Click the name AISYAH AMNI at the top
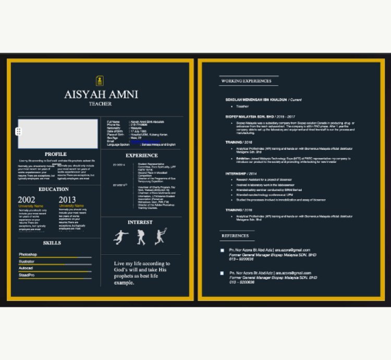click(x=101, y=94)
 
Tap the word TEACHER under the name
click(x=100, y=104)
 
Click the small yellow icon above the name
click(x=100, y=80)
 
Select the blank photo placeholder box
click(x=58, y=134)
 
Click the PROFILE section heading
click(x=55, y=154)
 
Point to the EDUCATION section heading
click(x=54, y=189)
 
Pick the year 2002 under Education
click(x=27, y=200)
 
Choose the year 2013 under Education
click(x=67, y=200)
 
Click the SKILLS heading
click(x=52, y=243)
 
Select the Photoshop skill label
click(x=28, y=255)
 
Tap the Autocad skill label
click(x=27, y=268)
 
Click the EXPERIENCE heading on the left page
click(x=142, y=155)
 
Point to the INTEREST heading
click(x=140, y=222)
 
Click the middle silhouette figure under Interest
click(x=141, y=238)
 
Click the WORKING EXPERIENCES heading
click(x=246, y=81)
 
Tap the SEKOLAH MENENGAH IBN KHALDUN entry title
click(x=256, y=100)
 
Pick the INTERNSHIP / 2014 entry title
click(x=241, y=173)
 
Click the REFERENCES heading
click(x=235, y=236)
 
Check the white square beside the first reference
click(x=222, y=250)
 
